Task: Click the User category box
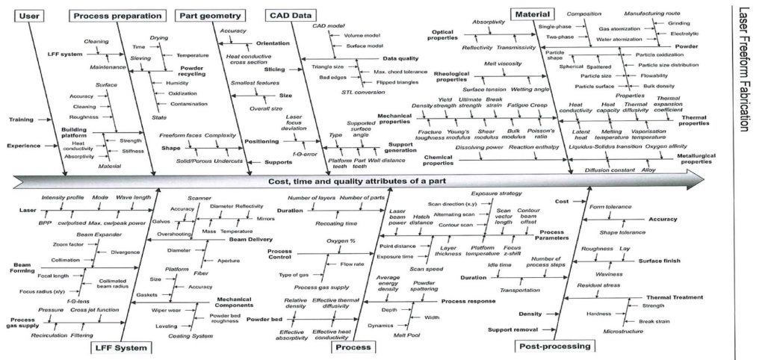coord(26,15)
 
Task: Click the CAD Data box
coord(289,15)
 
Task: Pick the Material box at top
coord(532,13)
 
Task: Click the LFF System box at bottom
coord(121,347)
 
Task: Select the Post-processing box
coord(551,347)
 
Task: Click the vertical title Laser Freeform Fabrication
coord(743,71)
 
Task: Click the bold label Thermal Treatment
coord(657,297)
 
